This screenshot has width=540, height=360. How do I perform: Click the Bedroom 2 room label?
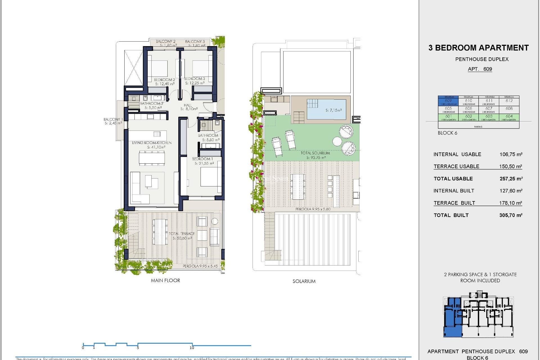click(164, 80)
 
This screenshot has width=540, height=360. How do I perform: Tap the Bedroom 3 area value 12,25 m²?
click(195, 83)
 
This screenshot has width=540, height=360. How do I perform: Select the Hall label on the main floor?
click(188, 105)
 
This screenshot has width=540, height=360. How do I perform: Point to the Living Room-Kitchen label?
click(152, 143)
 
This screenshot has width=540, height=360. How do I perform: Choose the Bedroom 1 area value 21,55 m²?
click(204, 163)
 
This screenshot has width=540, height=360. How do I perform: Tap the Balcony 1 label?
click(113, 120)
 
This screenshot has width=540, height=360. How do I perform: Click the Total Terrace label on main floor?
click(182, 234)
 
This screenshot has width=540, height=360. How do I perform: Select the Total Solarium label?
click(315, 153)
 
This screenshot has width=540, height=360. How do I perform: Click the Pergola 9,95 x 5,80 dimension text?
click(313, 209)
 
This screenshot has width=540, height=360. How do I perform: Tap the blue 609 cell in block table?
click(448, 101)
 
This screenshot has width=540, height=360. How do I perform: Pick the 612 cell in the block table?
click(509, 101)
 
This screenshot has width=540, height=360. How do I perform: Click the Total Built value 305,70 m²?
click(511, 215)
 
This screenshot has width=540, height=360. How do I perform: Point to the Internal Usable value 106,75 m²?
click(511, 154)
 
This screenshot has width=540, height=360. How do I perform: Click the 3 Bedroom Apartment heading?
click(478, 48)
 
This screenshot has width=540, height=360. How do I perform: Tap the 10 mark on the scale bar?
click(192, 348)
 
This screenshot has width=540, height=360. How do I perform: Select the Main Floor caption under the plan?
click(165, 281)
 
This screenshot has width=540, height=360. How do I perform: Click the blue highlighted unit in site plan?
click(452, 316)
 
